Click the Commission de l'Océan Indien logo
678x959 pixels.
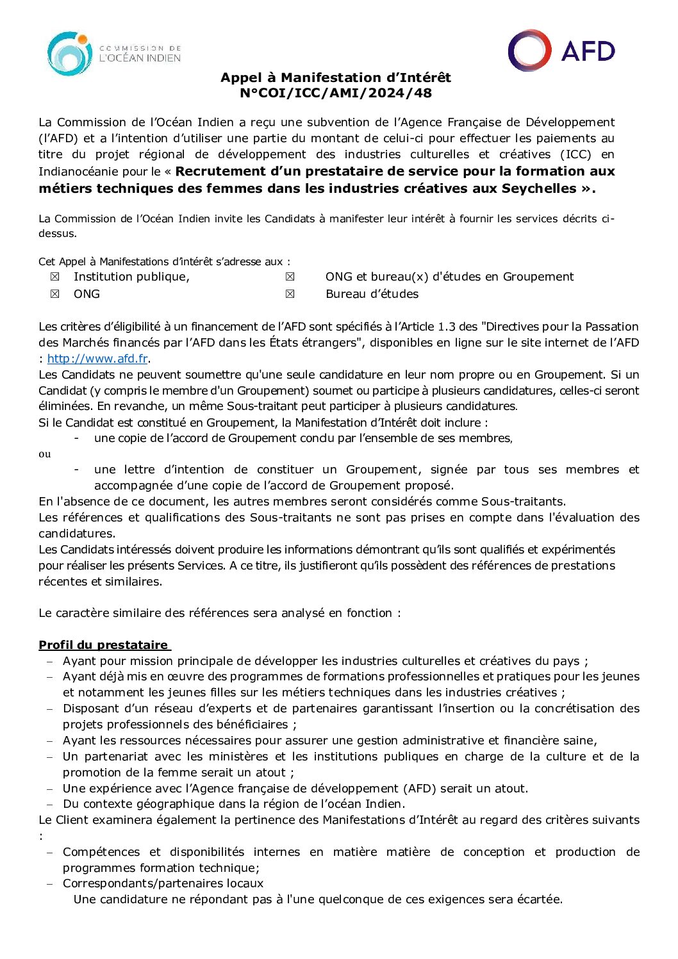[x=113, y=53]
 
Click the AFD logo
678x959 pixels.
[x=561, y=51]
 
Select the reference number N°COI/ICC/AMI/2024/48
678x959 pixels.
[x=335, y=93]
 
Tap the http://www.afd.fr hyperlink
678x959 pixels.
[x=97, y=359]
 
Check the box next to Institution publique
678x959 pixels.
[x=55, y=277]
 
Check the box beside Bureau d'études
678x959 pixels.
[x=290, y=294]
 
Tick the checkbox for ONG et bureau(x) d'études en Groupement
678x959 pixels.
[x=290, y=277]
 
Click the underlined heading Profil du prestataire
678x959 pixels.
[x=103, y=645]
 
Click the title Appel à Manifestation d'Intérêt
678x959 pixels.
[x=335, y=78]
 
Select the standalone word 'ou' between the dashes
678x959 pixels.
[x=44, y=454]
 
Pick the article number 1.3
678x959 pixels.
[x=447, y=327]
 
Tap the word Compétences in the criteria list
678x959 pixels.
[x=101, y=852]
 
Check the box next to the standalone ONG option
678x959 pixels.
[x=55, y=294]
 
